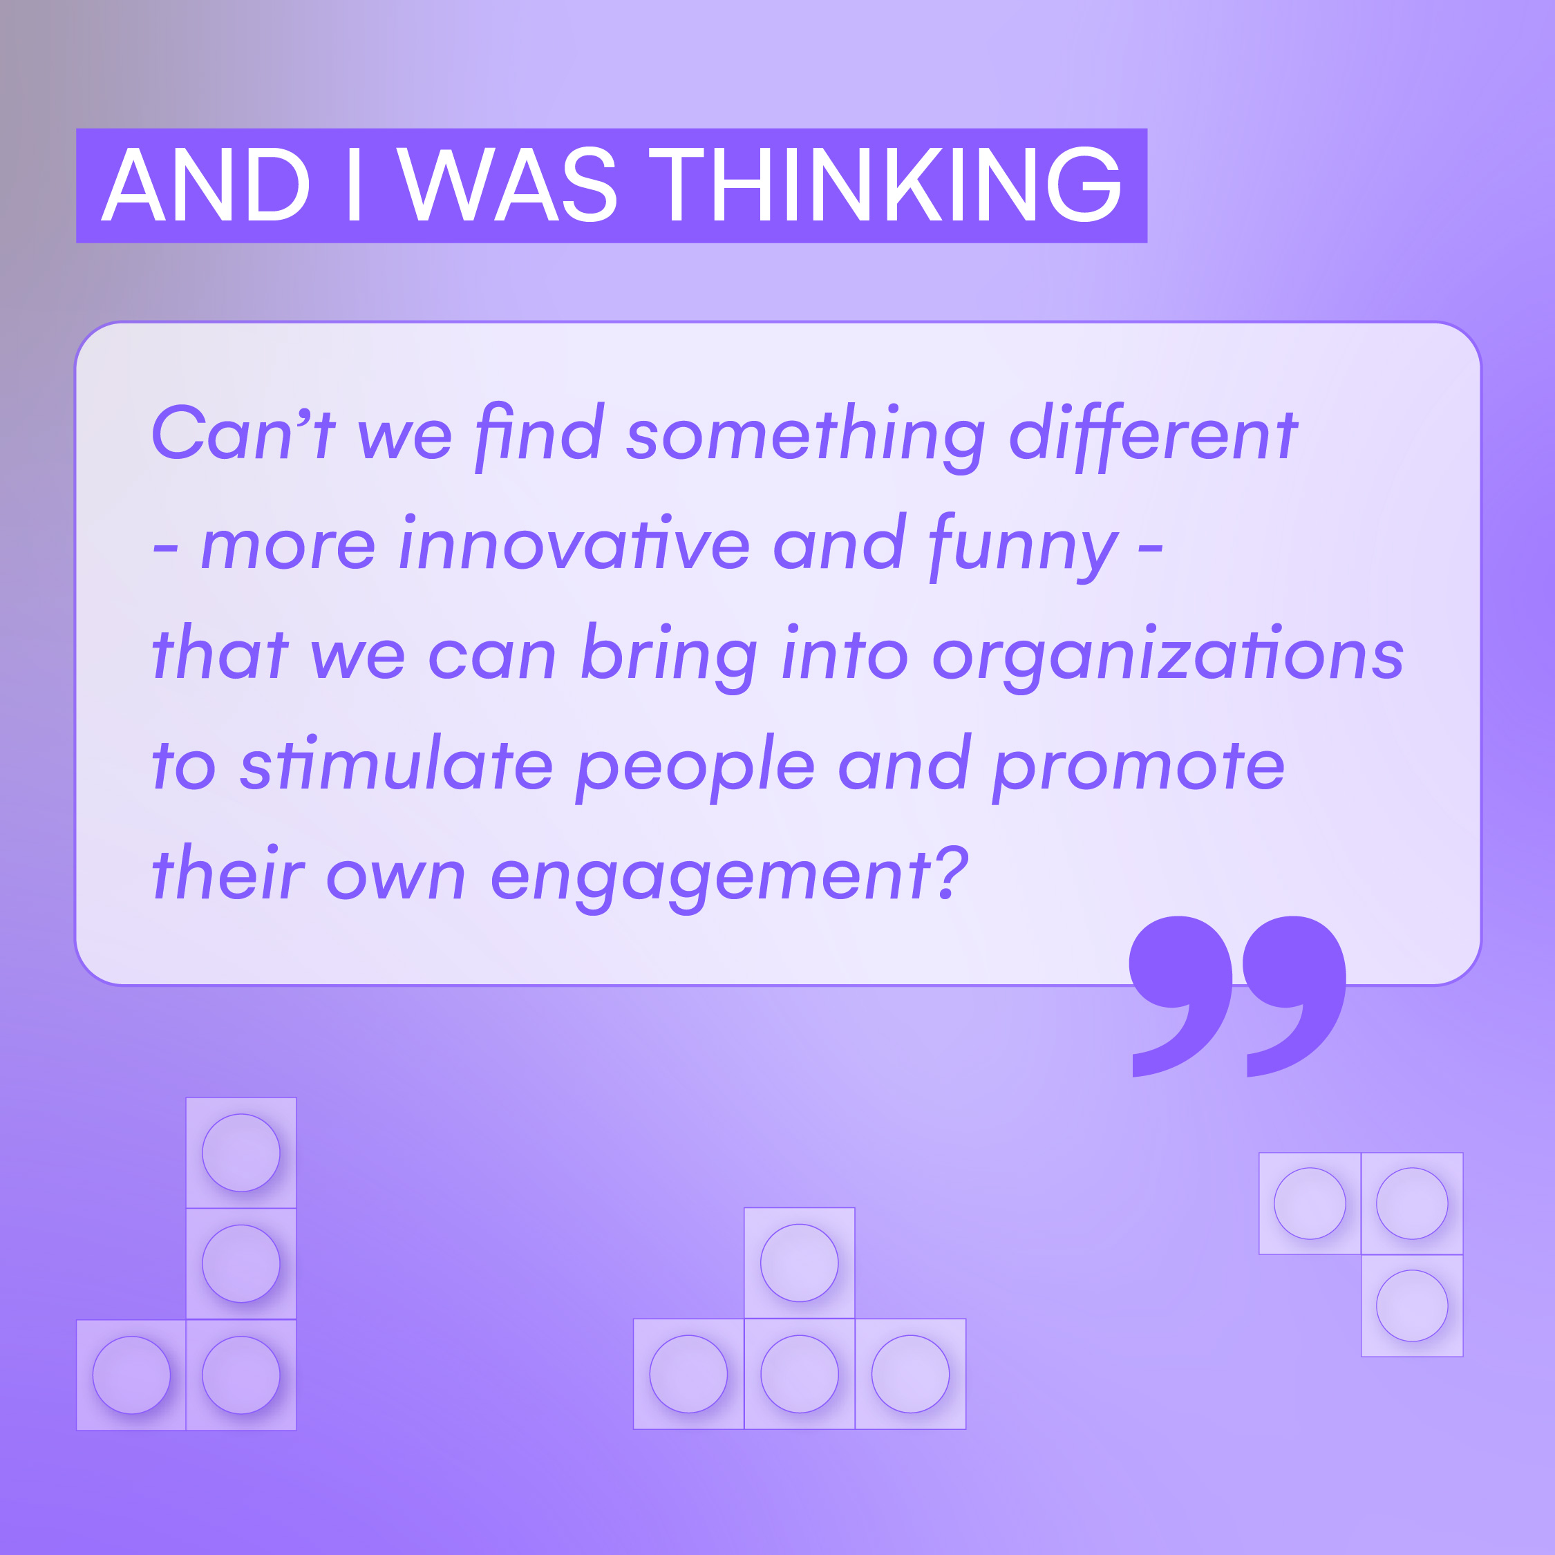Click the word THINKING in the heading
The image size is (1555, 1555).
(885, 185)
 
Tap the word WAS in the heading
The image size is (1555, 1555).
(507, 185)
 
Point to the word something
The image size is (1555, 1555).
(806, 437)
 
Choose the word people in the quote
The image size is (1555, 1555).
(696, 769)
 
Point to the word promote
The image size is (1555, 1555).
(1139, 769)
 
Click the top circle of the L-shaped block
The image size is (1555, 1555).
(241, 1153)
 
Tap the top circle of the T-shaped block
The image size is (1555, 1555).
(799, 1263)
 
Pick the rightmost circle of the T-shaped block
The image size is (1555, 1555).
(910, 1374)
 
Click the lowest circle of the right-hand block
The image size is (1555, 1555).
(1412, 1306)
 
